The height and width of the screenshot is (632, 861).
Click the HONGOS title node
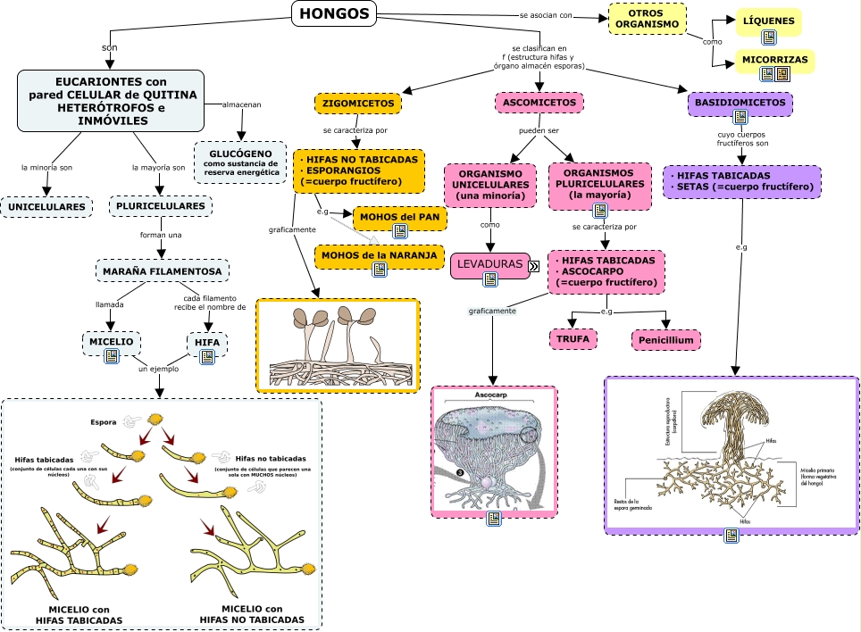pos(334,12)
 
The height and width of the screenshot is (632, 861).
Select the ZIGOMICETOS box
pos(358,104)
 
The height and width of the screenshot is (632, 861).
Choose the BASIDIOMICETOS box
pos(740,104)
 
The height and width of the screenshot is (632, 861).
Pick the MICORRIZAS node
pos(774,61)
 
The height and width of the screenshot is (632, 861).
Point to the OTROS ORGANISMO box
pos(646,19)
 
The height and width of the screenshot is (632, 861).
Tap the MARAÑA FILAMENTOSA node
pos(162,270)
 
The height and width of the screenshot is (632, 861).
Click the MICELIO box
pos(111,341)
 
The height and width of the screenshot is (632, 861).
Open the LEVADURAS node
pos(489,265)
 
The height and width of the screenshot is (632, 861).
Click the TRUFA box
pos(573,339)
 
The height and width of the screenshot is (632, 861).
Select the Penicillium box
pos(665,339)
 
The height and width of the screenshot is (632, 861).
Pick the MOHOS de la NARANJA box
pos(380,255)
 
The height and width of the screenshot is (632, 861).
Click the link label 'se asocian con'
pos(546,15)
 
